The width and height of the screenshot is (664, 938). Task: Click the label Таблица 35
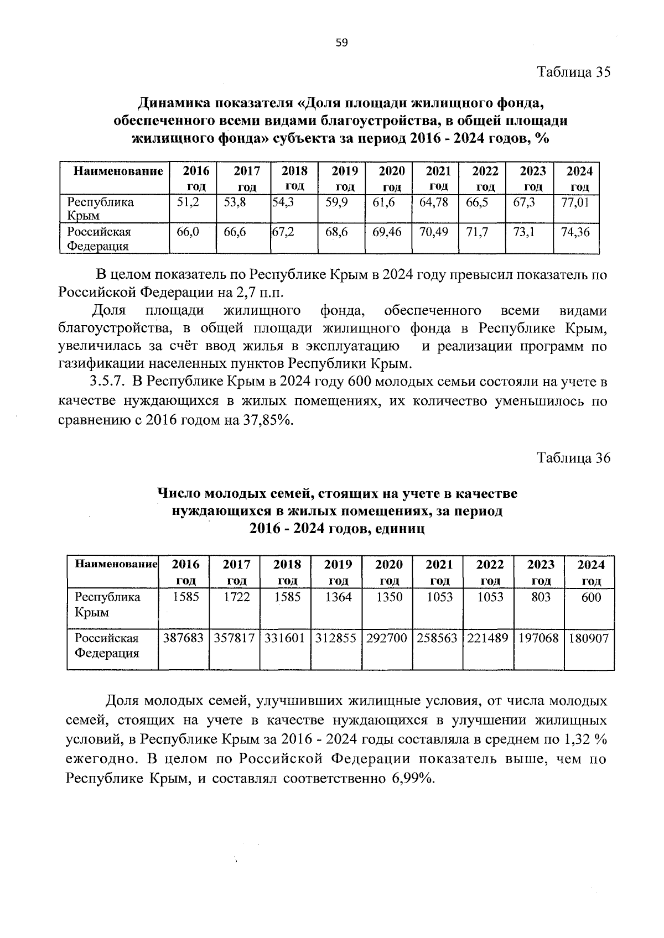[x=574, y=72]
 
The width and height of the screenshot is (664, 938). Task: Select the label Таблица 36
[x=574, y=458]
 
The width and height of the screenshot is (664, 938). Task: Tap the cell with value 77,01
[x=575, y=202]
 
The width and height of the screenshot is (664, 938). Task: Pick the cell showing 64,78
[x=433, y=202]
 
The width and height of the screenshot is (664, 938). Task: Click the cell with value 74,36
[x=575, y=232]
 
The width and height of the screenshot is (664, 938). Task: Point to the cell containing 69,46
[x=387, y=232]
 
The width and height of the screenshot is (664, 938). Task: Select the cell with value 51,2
[x=188, y=202]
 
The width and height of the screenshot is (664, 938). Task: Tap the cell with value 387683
[x=184, y=638]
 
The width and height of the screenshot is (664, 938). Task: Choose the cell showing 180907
[x=589, y=638]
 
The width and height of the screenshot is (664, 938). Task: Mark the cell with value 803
[x=540, y=597]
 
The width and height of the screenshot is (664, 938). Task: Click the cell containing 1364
[x=338, y=597]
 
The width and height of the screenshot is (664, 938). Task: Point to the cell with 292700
[x=387, y=638]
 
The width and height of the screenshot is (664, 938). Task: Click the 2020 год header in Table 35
[x=392, y=178]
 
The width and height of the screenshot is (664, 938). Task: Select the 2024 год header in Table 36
[x=591, y=572]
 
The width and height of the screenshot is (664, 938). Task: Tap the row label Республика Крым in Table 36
[x=108, y=605]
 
